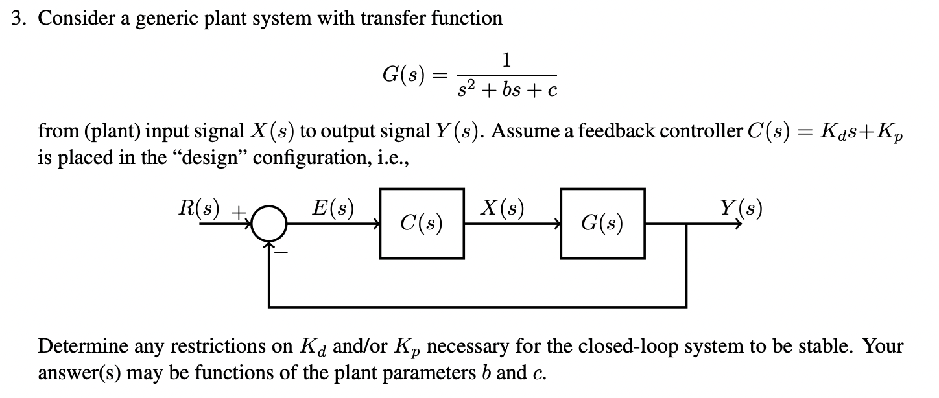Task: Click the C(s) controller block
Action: coord(422,224)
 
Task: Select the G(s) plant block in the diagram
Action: coord(602,224)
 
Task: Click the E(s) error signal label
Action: coord(333,209)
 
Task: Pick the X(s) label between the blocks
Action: coord(503,209)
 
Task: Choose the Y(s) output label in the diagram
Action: coord(741,209)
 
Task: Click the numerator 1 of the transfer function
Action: coord(506,61)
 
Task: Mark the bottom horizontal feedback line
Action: coord(477,305)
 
